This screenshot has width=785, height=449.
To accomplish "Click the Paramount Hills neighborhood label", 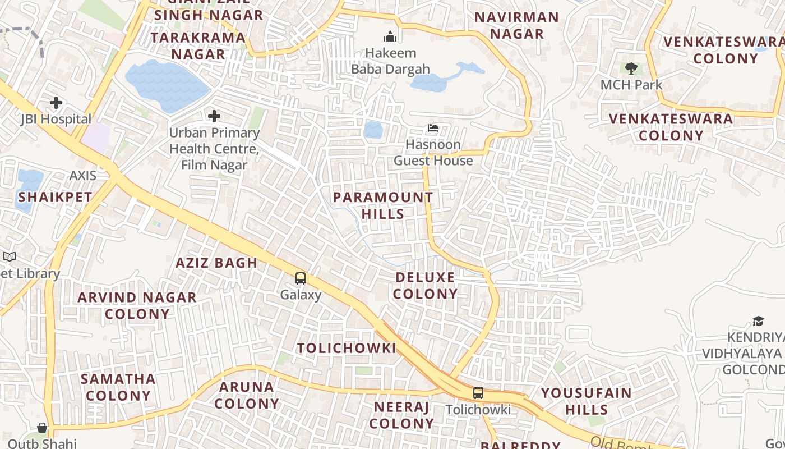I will [383, 205].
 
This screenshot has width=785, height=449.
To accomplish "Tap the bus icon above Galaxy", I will [301, 278].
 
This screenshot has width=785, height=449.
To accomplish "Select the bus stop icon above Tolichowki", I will [478, 393].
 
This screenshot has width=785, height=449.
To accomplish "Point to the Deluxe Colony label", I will [426, 286].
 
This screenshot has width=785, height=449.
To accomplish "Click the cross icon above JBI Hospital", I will [56, 103].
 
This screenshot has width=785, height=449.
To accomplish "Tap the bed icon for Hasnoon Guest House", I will [433, 128].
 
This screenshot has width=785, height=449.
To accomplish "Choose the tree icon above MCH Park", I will [631, 68].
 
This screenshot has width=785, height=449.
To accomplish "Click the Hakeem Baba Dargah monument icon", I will [390, 37].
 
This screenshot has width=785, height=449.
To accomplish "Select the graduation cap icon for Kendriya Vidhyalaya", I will [758, 321].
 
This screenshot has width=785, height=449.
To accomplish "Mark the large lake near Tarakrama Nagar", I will [167, 85].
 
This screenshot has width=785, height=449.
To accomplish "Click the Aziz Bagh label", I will [216, 263].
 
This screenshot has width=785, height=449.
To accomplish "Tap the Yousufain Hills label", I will [586, 401].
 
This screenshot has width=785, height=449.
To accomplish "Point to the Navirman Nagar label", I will [516, 25].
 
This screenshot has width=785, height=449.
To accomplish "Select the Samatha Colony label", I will [118, 387].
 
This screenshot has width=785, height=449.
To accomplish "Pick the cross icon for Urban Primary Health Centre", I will [214, 116].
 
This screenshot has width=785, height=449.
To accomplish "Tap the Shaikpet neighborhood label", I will [55, 197].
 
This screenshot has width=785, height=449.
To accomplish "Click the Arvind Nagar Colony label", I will [137, 305].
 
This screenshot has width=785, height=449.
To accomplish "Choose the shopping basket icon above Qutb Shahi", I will [42, 428].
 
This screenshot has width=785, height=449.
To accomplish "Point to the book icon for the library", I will [10, 256].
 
